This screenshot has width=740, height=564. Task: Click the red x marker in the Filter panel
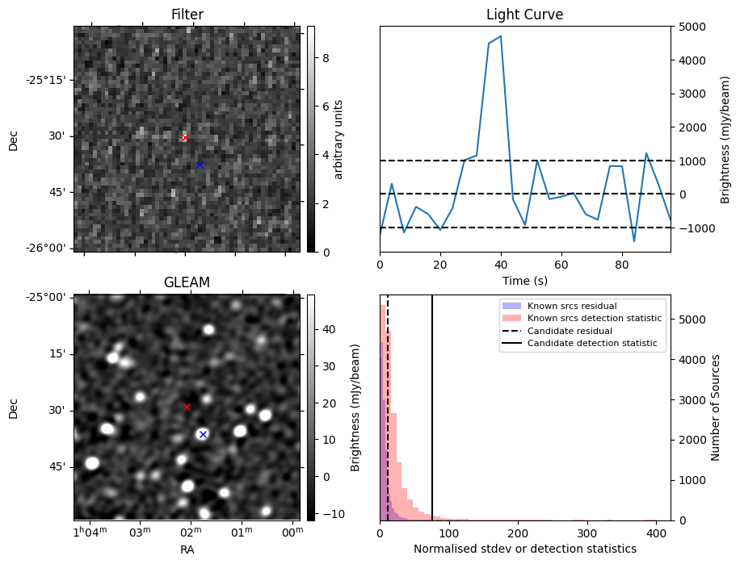click(185, 138)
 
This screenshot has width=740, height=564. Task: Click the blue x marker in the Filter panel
click(200, 165)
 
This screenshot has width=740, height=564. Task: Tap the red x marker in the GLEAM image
click(187, 407)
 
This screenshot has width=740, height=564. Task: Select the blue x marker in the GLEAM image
click(203, 434)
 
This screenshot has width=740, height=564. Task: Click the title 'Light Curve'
click(524, 15)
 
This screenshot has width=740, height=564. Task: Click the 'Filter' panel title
click(187, 15)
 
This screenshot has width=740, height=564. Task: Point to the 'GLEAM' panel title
click(187, 282)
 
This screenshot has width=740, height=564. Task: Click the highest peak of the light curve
click(501, 36)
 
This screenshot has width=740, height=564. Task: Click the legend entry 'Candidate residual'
click(570, 332)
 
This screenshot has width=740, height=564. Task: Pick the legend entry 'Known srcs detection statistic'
click(595, 319)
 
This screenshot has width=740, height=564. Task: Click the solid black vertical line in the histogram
click(432, 420)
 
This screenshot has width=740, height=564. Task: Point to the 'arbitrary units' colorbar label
click(338, 139)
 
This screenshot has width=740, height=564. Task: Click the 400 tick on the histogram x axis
click(657, 533)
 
